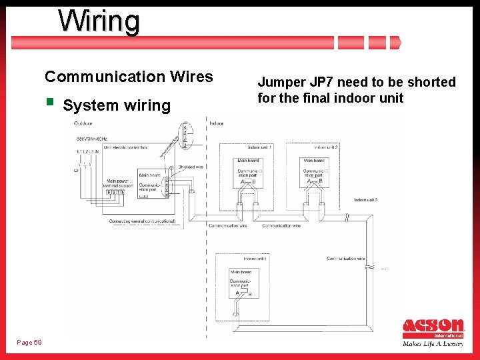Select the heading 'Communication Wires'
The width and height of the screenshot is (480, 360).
129,77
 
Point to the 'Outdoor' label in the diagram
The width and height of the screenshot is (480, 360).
83,123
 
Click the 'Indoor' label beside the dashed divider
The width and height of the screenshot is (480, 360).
217,123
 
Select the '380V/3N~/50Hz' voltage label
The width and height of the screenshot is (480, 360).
92,138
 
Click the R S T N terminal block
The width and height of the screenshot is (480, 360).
115,192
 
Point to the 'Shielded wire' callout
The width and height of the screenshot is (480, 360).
191,167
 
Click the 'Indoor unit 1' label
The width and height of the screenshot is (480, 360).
261,147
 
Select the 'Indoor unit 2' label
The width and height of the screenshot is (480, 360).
326,147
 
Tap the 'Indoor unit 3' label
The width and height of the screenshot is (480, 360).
366,200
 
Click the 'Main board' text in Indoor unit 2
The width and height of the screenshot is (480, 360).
313,160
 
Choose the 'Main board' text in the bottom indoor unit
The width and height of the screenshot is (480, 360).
240,272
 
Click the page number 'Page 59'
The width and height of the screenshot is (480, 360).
29,343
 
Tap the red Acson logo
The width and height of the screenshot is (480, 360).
433,326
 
